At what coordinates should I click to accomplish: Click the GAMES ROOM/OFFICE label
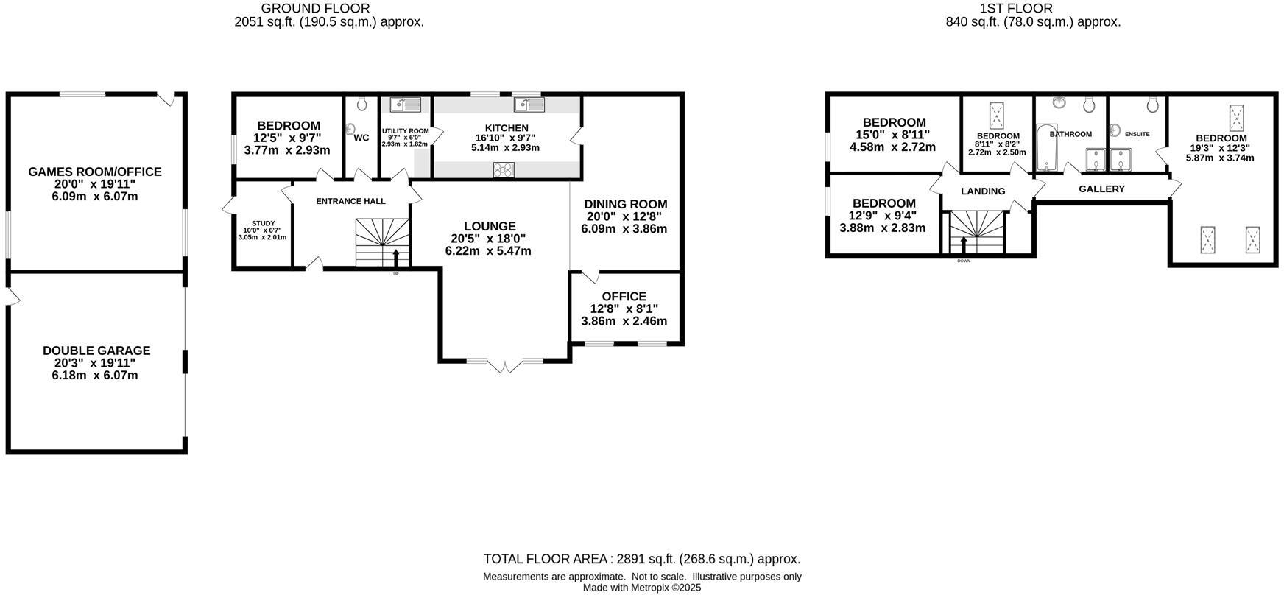[x=95, y=172]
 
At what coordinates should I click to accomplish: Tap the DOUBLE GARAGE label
[x=96, y=351]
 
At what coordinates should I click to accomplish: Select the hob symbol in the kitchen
[x=504, y=170]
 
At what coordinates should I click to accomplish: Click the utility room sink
[x=406, y=105]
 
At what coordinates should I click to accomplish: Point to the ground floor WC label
[x=361, y=138]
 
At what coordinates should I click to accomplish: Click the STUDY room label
[x=263, y=223]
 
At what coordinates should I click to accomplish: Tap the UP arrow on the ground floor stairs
[x=396, y=257]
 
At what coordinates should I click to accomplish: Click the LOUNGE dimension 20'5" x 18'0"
[x=488, y=239]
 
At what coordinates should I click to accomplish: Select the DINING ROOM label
[x=625, y=204]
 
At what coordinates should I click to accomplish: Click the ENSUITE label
[x=1137, y=134]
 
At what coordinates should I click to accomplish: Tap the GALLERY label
[x=1101, y=189]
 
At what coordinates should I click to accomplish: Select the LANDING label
[x=983, y=191]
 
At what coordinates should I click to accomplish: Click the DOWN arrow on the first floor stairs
[x=964, y=242]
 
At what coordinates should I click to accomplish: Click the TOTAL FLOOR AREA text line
[x=641, y=559]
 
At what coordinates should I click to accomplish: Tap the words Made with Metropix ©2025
[x=641, y=588]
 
